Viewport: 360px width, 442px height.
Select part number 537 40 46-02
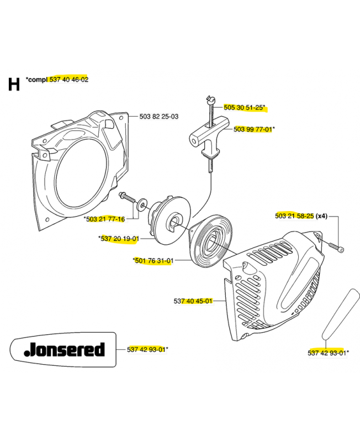(x=69, y=80)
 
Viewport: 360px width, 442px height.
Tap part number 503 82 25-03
(x=159, y=117)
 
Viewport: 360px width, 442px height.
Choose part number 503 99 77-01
(x=253, y=129)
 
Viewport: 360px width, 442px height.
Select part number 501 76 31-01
(x=154, y=261)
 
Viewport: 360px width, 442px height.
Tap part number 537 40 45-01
(x=193, y=301)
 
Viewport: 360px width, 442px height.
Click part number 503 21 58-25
(x=294, y=216)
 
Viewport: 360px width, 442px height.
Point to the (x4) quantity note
(x=321, y=216)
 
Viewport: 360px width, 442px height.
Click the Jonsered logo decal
(x=62, y=349)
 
